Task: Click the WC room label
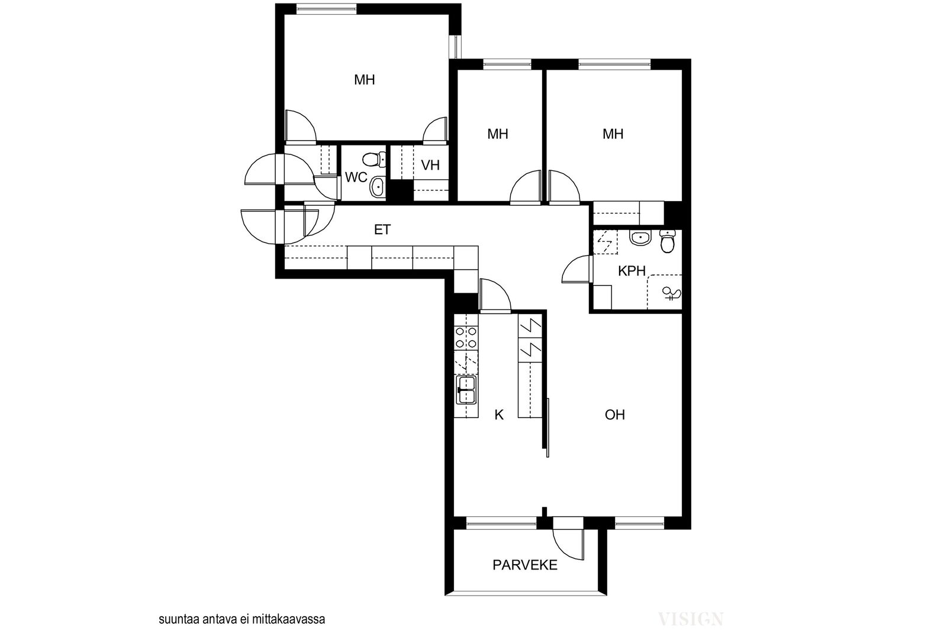[x=356, y=177]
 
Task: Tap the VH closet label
[x=430, y=165]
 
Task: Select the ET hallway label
[x=382, y=230]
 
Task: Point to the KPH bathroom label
[x=632, y=271]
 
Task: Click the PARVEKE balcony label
[x=525, y=565]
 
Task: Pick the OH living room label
[x=615, y=415]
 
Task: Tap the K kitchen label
[x=500, y=415]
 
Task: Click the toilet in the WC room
[x=374, y=159]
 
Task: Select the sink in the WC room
[x=377, y=186]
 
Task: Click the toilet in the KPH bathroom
[x=668, y=242]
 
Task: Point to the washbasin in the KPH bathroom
[x=642, y=237]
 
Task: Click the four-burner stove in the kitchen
[x=466, y=338]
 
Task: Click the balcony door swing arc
[x=566, y=548]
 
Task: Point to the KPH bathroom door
[x=576, y=270]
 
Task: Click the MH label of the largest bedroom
[x=365, y=80]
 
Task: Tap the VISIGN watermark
[x=691, y=619]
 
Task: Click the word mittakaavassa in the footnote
[x=288, y=620]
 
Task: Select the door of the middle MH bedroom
[x=526, y=187]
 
